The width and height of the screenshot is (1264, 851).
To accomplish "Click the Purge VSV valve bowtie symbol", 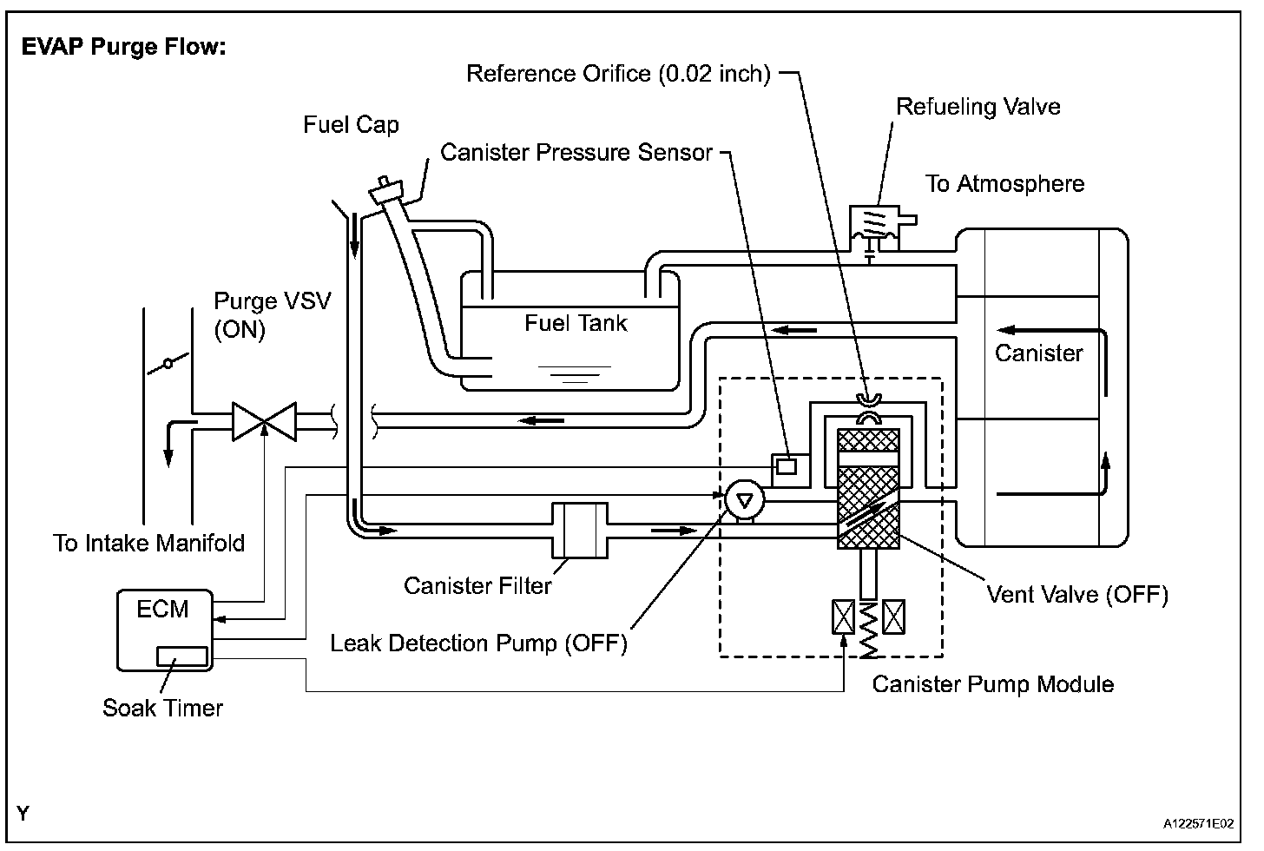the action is tap(264, 421).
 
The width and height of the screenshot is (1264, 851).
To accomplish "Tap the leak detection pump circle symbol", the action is tap(744, 500).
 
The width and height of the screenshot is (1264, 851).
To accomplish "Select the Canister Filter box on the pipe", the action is tap(580, 531).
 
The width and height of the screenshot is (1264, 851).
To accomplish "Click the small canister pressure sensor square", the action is tap(787, 466).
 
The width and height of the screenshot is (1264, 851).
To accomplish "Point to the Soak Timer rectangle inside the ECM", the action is tap(181, 656).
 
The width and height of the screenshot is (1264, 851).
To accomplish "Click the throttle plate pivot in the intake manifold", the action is tap(168, 364).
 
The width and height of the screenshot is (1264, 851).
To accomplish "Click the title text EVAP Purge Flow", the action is tap(123, 47).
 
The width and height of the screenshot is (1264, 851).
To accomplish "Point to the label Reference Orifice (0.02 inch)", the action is tap(618, 74).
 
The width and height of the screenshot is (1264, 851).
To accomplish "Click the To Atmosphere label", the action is tap(1004, 184).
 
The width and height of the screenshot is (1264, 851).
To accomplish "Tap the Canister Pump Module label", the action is tap(993, 684).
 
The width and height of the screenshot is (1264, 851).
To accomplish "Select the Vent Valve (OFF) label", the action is tap(1077, 595).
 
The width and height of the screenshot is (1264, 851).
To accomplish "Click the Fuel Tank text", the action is tap(576, 323).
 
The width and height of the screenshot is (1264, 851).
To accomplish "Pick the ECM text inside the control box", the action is tap(162, 610).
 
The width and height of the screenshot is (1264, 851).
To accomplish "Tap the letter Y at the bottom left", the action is tap(23, 814).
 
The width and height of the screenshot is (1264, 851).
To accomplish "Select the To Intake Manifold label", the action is tap(149, 544).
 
